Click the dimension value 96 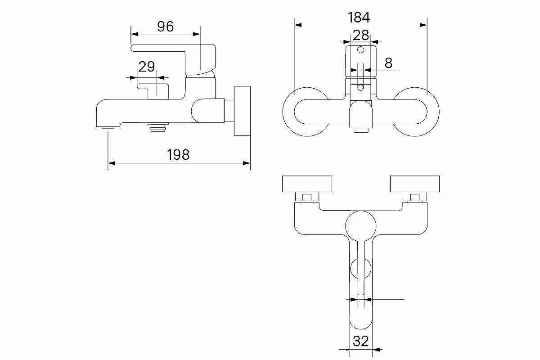(x=166, y=27)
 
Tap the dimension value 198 (x=178, y=155)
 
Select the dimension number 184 (x=359, y=18)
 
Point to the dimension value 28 (x=360, y=35)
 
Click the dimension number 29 (x=147, y=67)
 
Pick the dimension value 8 (x=388, y=63)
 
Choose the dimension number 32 (x=360, y=341)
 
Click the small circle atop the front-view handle (x=360, y=50)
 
